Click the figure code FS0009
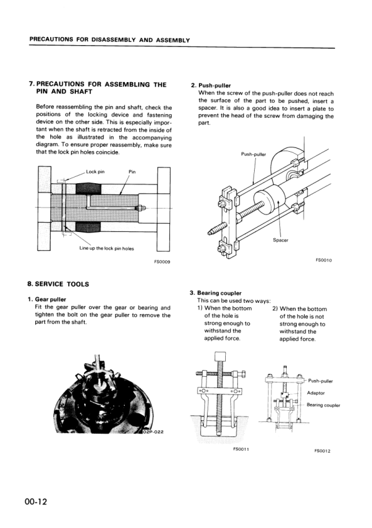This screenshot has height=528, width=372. pos(162,261)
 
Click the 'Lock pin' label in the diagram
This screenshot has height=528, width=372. pos(96,171)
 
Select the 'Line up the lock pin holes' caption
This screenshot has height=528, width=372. pos(107,248)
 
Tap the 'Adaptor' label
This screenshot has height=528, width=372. pos(316,393)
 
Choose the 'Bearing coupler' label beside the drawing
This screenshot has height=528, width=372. pos(323,405)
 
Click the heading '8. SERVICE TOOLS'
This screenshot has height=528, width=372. pos(59,284)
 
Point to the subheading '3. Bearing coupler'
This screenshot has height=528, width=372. pos(215,293)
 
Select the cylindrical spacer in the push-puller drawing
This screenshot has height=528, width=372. pos(275,202)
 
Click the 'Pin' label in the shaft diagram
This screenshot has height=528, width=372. pos(132,171)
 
